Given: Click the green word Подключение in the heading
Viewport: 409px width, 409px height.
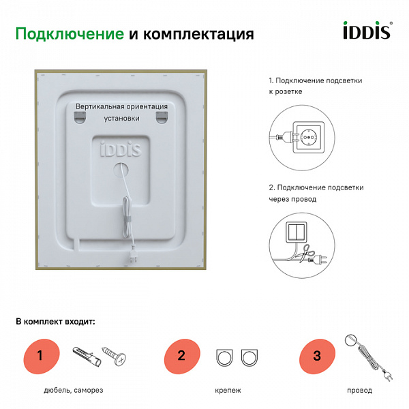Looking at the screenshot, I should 69,34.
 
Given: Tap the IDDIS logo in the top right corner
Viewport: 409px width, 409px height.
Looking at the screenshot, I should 365,32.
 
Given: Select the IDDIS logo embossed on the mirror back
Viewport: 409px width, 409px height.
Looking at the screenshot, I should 121,149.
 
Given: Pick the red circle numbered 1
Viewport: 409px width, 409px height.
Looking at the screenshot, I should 40,354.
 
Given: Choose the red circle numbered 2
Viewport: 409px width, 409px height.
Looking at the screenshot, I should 181,354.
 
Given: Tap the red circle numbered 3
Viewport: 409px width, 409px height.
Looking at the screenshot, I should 316,355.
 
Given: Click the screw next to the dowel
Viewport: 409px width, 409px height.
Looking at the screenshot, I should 114,356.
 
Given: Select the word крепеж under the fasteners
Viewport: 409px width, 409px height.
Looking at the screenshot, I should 227,391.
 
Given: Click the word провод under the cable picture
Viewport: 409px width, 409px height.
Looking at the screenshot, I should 359,391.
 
